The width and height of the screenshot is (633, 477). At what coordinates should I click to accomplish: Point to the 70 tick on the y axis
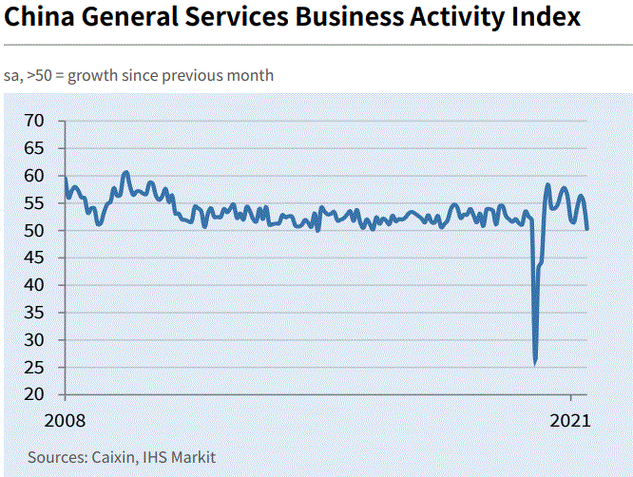tap(35, 121)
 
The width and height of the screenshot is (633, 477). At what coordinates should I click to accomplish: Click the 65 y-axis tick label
tap(35, 148)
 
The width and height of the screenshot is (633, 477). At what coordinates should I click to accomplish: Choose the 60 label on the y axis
tap(35, 176)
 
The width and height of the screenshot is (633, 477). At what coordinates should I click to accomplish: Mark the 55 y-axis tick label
tap(35, 203)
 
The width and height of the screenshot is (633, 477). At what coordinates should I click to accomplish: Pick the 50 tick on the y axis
tap(35, 231)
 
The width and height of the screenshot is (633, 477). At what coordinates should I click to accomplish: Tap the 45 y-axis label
tap(35, 258)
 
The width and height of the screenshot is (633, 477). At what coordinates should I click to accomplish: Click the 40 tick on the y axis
tap(35, 285)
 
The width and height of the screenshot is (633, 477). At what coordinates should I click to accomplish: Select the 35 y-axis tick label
tap(35, 313)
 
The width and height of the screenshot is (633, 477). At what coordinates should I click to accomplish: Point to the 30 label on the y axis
tap(35, 340)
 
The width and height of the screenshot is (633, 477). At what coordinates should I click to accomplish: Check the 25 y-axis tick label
tap(35, 367)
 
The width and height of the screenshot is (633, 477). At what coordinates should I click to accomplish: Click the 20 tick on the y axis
tap(35, 394)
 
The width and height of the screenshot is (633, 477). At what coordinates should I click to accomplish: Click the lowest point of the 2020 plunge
tap(536, 363)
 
